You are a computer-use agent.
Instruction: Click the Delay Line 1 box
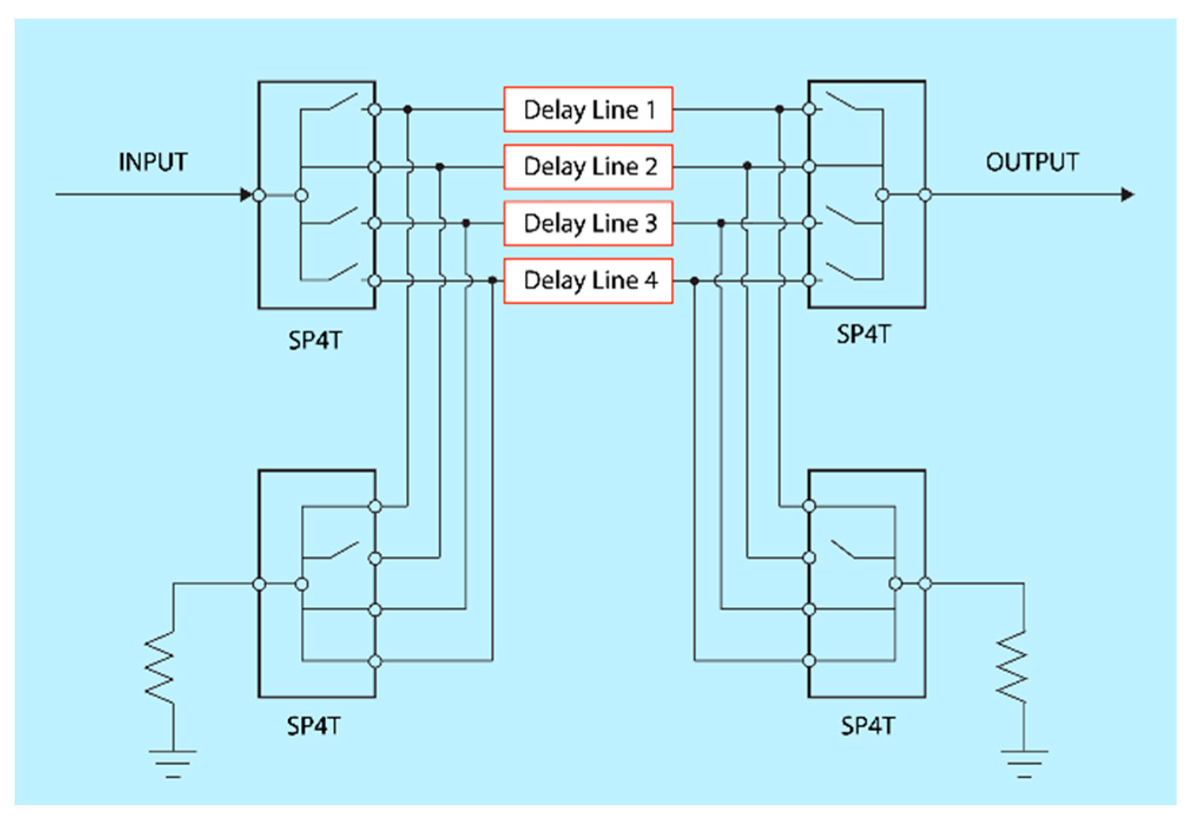[x=588, y=110]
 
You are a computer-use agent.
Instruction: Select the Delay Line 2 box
[x=588, y=167]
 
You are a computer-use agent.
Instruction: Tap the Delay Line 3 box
[x=588, y=223]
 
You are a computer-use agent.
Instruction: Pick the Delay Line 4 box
[x=588, y=281]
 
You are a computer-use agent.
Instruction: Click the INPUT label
[x=153, y=162]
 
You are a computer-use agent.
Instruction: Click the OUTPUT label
[x=1032, y=162]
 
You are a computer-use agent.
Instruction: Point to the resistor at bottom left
[x=160, y=667]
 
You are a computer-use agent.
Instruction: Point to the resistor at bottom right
[x=1011, y=667]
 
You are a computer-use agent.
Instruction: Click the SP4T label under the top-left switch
[x=315, y=341]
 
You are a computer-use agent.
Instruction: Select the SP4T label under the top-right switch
[x=864, y=335]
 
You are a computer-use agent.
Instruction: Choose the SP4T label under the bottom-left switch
[x=314, y=726]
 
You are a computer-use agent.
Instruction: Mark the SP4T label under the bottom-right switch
[x=867, y=726]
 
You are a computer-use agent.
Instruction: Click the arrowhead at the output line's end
[x=1127, y=195]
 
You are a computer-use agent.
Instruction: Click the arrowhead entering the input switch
[x=246, y=195]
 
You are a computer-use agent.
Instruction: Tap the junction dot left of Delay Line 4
[x=493, y=281]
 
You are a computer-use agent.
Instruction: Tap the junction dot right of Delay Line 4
[x=695, y=281]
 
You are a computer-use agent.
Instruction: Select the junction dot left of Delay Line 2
[x=440, y=167]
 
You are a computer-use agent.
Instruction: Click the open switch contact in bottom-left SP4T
[x=344, y=551]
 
